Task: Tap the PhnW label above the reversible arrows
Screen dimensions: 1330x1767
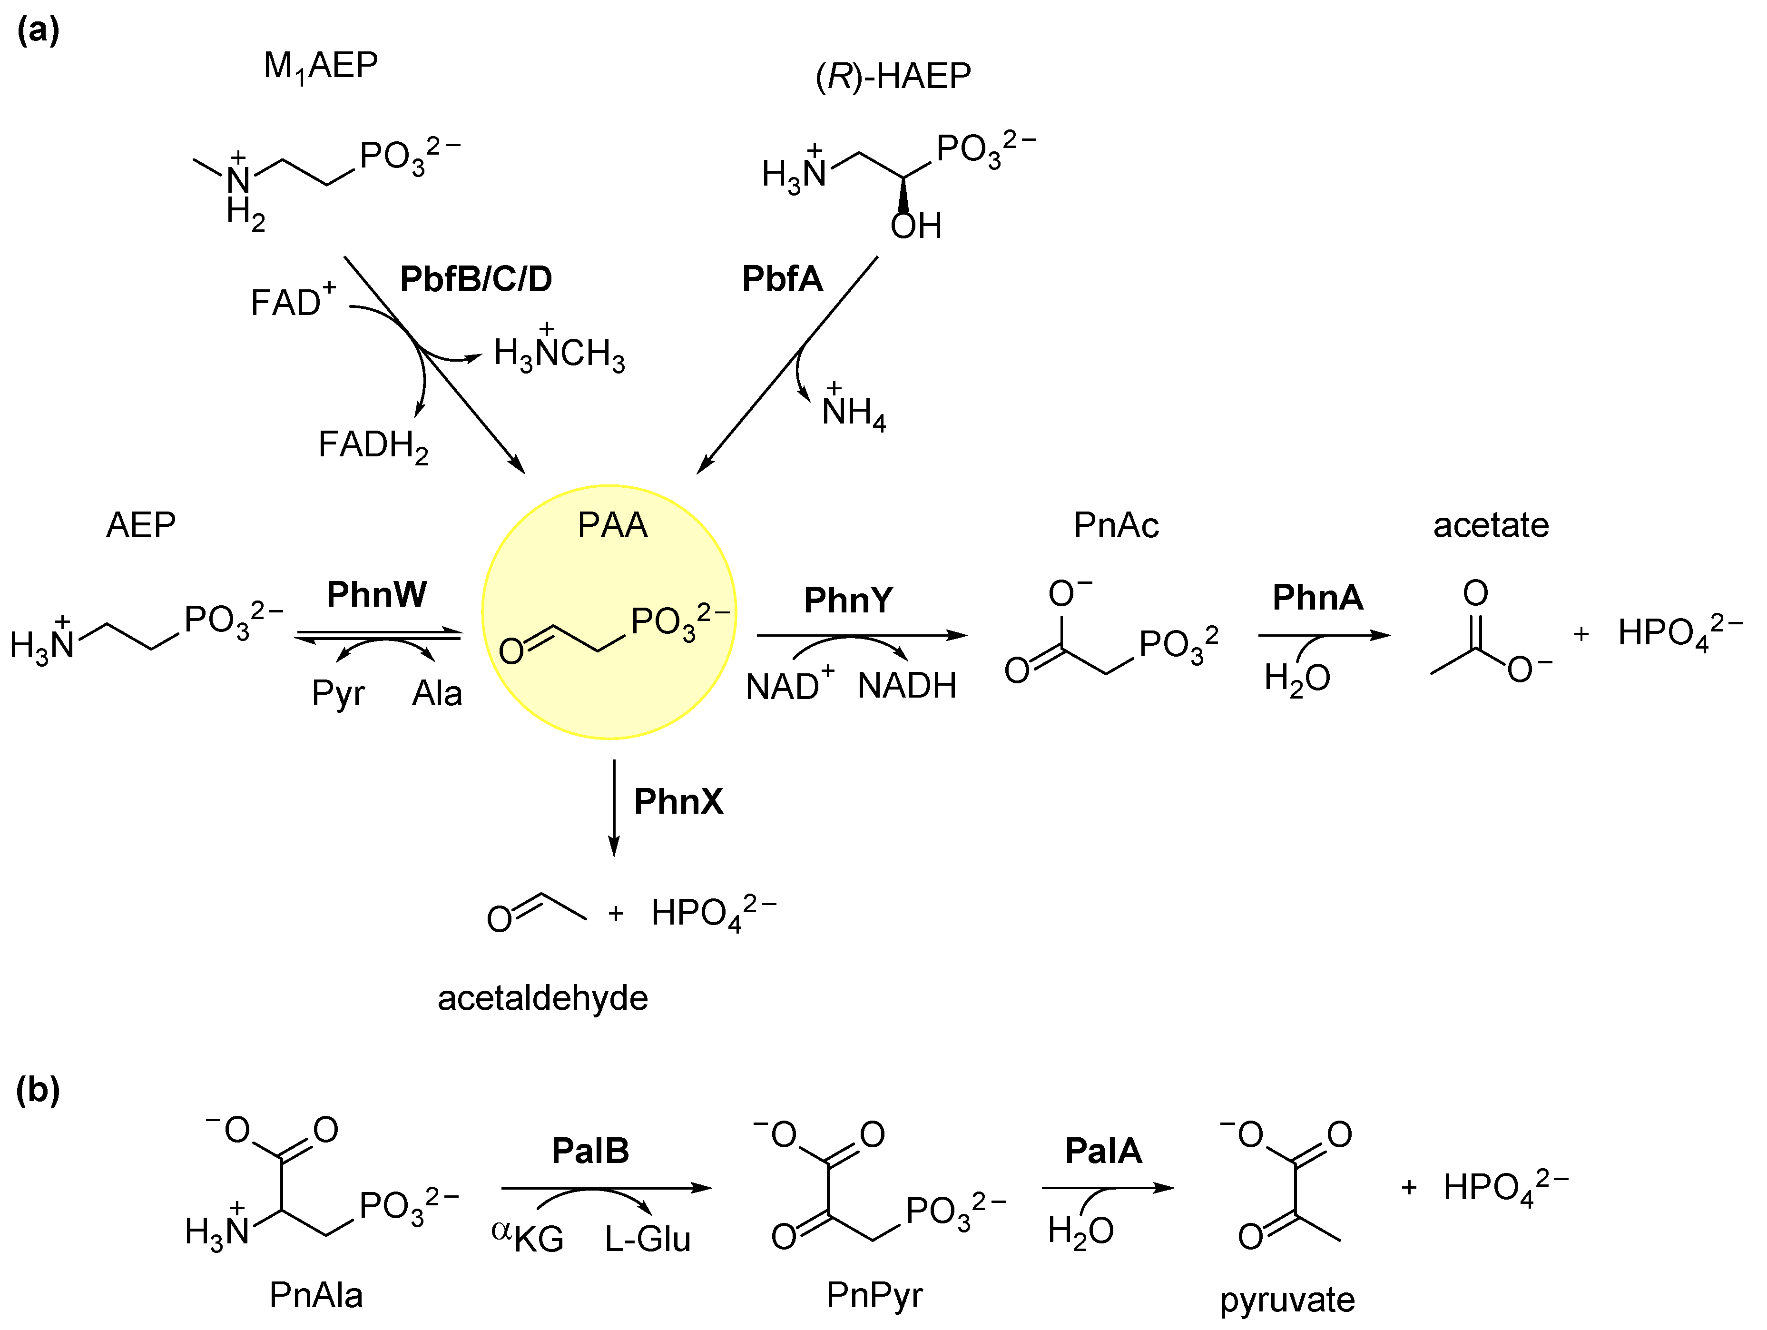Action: pos(376,594)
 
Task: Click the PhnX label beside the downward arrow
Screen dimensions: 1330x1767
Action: pos(677,801)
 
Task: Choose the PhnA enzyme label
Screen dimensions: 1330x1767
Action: pos(1317,598)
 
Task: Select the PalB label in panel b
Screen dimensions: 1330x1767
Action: pos(590,1151)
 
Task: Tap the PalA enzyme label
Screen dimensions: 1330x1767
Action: pos(1103,1151)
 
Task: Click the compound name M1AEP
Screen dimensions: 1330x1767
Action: pos(320,66)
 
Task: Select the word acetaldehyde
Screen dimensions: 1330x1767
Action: pos(542,998)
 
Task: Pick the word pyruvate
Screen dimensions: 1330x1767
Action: pos(1287,1300)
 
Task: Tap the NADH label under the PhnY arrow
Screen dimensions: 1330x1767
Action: pos(907,685)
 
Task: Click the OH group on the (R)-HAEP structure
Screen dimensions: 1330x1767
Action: pos(915,226)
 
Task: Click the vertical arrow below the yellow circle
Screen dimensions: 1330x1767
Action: pos(613,807)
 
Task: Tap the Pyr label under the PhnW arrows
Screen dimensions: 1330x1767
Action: pos(338,693)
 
